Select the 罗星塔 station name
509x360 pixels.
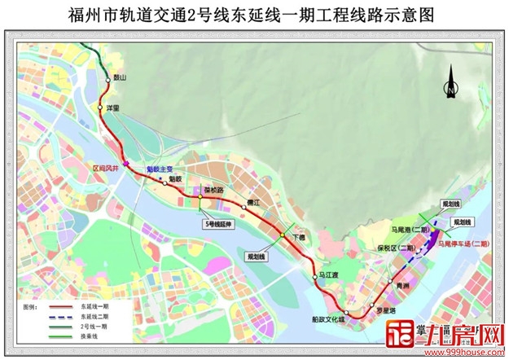tap(386, 310)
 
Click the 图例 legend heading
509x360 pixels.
tap(29, 306)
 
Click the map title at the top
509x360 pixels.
tap(254, 15)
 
